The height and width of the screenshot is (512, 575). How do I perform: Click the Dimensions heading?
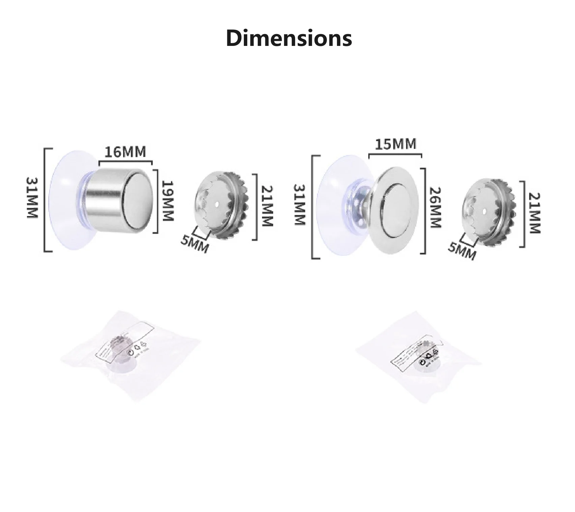[289, 38]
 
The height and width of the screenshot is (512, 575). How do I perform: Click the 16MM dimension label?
[125, 152]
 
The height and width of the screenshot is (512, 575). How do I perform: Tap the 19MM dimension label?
[167, 201]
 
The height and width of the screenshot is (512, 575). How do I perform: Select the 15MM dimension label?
[396, 144]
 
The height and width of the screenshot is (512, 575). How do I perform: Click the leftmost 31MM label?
[33, 198]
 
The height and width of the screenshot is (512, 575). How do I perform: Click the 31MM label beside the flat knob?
[299, 205]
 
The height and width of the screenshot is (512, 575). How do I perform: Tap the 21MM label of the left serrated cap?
[267, 206]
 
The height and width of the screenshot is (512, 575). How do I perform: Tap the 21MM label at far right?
[535, 213]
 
